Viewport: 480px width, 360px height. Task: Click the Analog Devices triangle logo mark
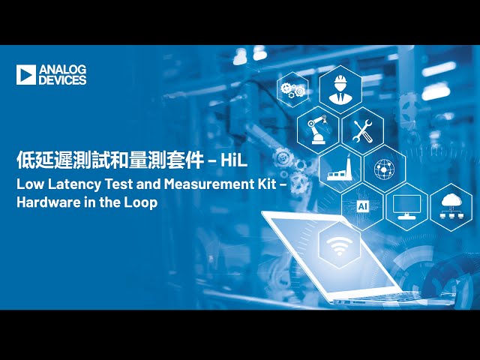25,74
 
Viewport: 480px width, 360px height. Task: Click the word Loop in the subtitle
142,202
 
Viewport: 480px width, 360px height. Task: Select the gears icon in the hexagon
292,90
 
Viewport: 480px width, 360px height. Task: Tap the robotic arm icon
316,129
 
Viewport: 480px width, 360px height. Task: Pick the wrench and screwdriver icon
363,130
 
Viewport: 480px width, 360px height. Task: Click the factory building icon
340,169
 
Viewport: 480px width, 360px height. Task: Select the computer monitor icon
407,205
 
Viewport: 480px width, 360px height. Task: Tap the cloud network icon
451,204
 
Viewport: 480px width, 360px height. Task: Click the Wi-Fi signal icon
340,245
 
